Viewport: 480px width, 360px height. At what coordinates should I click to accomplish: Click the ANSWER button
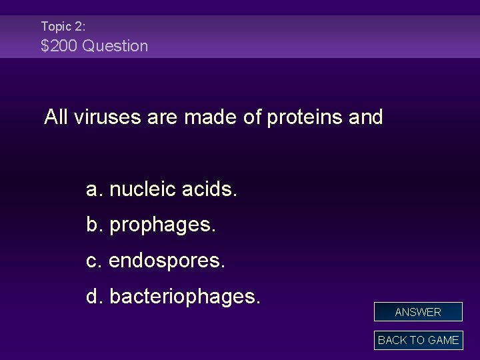418,312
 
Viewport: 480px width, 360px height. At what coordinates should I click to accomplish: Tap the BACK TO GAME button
418,340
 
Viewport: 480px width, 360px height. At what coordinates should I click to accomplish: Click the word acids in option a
211,190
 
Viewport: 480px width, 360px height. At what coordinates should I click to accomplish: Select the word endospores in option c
167,261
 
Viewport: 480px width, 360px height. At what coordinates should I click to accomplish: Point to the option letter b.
93,225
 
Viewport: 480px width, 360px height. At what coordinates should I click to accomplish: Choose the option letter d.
93,295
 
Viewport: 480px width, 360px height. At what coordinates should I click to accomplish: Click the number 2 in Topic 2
78,27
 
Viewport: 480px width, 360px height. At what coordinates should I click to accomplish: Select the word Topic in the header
55,27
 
